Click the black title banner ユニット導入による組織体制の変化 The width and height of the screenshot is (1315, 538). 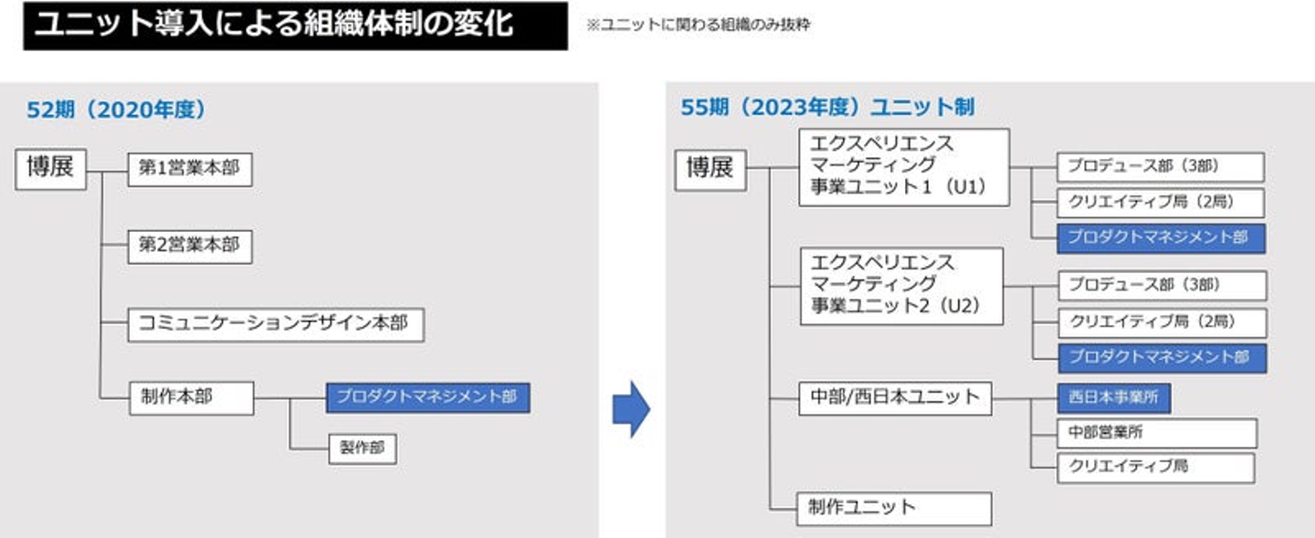coord(294,26)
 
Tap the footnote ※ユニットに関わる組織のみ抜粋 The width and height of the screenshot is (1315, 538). coord(699,26)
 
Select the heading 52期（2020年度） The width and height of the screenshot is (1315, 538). coord(117,110)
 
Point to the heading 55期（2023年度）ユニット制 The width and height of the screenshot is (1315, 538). coord(827,108)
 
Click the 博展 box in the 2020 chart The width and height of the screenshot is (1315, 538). coord(50,170)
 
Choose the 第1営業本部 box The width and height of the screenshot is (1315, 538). coord(189,170)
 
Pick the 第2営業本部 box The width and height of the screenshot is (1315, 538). coord(189,246)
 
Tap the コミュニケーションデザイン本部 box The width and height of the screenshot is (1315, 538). coord(275,323)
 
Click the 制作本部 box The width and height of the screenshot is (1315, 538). coord(190,397)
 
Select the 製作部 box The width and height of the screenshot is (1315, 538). coord(363,448)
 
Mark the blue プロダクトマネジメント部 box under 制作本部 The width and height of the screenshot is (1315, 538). coord(427,397)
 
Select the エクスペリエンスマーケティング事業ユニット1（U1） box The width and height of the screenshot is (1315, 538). coord(903,167)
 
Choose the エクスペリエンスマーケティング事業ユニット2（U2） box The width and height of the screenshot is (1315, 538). coord(900,285)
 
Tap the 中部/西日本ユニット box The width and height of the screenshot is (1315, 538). coord(894,398)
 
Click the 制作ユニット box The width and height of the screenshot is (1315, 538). coord(894,508)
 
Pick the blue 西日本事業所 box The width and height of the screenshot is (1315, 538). coord(1113,398)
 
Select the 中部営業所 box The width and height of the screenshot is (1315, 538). coord(1156,432)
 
